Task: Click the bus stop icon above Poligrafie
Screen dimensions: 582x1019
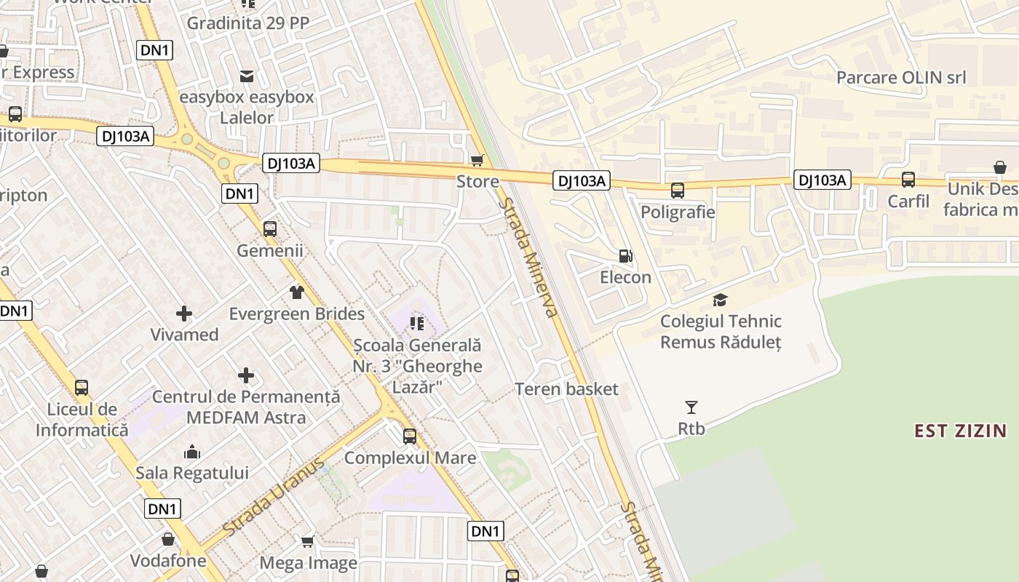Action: point(678,191)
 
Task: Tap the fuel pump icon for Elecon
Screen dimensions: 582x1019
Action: point(625,256)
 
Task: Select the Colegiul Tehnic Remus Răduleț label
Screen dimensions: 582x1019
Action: point(721,332)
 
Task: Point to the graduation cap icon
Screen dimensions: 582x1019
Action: point(721,300)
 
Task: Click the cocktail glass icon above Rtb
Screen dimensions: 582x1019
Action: point(691,407)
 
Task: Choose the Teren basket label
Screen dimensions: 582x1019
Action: point(566,389)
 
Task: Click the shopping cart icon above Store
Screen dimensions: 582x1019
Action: point(477,160)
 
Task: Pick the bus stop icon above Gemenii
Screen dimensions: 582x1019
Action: point(270,229)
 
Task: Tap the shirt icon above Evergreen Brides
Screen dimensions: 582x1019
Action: point(296,292)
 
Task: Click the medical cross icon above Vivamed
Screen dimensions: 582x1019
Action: point(184,314)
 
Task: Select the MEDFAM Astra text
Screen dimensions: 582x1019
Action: point(246,418)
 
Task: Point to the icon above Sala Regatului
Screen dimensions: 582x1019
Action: point(192,452)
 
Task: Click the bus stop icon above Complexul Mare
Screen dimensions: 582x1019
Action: point(410,436)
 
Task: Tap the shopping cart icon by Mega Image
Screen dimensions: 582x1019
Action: point(308,541)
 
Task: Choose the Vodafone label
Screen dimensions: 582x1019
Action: point(168,561)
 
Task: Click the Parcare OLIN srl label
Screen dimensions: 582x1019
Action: point(901,78)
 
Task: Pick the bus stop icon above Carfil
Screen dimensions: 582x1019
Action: point(908,180)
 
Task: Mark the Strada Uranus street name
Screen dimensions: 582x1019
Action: point(275,498)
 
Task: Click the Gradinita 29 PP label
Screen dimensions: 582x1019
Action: point(248,23)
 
